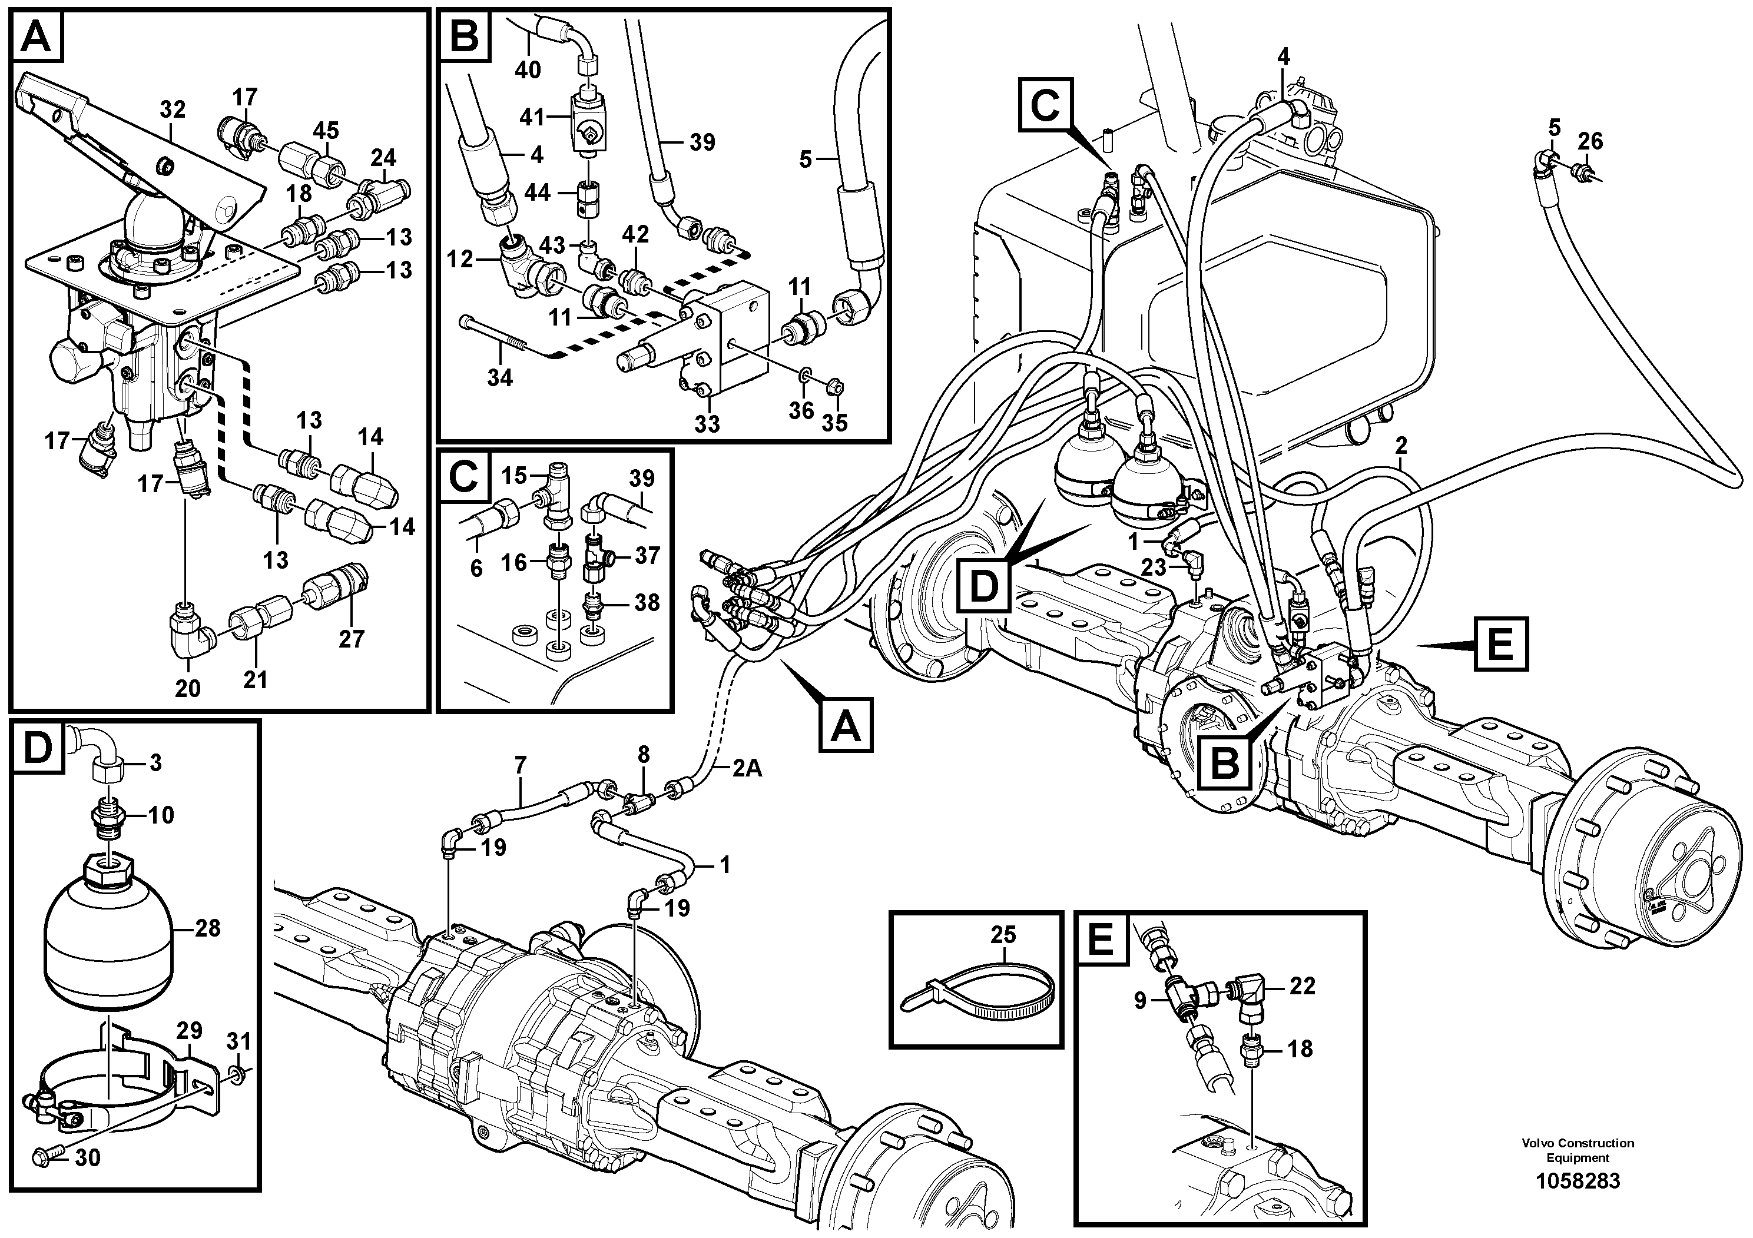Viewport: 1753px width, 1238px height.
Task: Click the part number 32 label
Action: click(x=173, y=110)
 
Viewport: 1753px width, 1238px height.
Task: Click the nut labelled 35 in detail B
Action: click(x=835, y=389)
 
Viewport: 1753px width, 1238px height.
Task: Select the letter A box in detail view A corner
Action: click(x=38, y=36)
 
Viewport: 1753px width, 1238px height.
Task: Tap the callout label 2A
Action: click(x=747, y=769)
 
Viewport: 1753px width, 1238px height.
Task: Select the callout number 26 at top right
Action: click(x=1590, y=141)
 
